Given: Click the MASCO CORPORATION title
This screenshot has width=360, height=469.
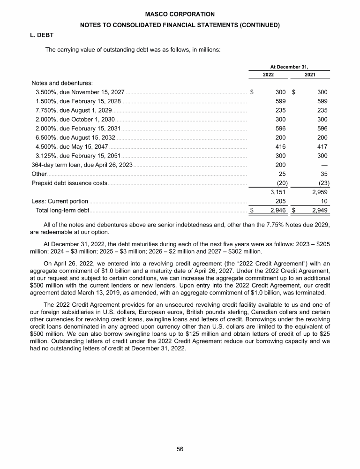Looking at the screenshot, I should pyautogui.click(x=180, y=15).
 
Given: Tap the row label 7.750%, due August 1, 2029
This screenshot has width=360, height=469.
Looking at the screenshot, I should pyautogui.click(x=74, y=110).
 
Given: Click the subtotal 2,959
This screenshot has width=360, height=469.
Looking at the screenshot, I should pyautogui.click(x=319, y=192).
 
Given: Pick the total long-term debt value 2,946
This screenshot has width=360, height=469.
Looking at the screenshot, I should pyautogui.click(x=277, y=210).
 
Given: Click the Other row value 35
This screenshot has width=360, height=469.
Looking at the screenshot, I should pyautogui.click(x=323, y=174).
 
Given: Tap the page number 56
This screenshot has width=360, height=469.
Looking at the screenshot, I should pyautogui.click(x=180, y=449).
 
